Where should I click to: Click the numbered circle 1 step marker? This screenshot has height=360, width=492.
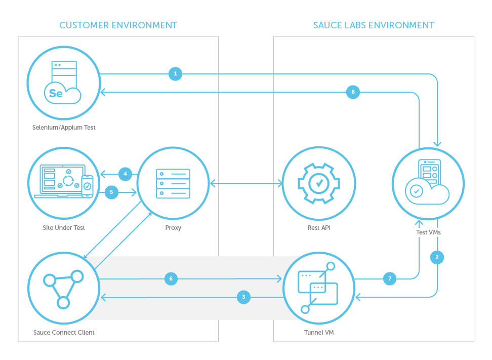click(175, 74)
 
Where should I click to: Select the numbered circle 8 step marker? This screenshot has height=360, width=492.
click(353, 92)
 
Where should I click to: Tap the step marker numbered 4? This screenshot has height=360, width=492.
click(126, 174)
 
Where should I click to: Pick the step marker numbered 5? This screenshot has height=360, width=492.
click(111, 192)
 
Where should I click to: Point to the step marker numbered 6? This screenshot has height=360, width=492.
click(171, 278)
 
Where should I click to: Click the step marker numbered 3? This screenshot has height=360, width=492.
click(243, 297)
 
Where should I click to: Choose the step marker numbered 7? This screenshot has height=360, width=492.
click(389, 278)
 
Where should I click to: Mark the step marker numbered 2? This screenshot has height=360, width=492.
click(437, 257)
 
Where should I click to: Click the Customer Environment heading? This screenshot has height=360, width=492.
click(118, 25)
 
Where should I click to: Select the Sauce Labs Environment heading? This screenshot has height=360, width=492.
click(374, 25)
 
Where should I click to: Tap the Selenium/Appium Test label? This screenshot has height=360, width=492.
click(64, 128)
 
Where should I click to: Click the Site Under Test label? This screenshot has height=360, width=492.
click(64, 228)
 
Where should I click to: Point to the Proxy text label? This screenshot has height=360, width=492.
click(173, 228)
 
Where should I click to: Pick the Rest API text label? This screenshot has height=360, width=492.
click(319, 228)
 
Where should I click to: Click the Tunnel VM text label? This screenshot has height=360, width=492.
click(319, 333)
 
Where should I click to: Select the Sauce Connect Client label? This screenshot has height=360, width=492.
click(64, 333)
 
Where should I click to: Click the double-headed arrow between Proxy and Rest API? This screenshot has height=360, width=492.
click(246, 182)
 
